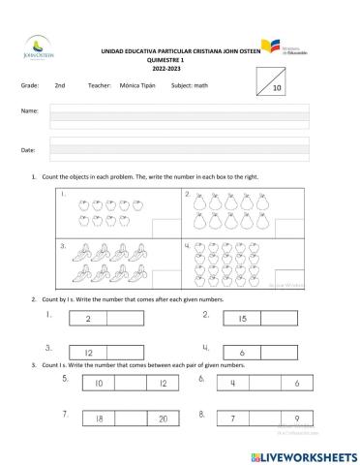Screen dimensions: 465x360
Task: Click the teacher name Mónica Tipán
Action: [136, 86]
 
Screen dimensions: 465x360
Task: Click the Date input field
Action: [179, 148]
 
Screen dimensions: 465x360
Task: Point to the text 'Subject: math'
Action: [199, 86]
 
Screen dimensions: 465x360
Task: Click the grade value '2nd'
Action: [60, 86]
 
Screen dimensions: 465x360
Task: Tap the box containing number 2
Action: [88, 319]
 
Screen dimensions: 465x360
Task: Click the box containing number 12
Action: [88, 353]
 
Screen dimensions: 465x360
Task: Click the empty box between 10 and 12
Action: [132, 384]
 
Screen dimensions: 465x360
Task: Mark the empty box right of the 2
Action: [126, 319]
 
